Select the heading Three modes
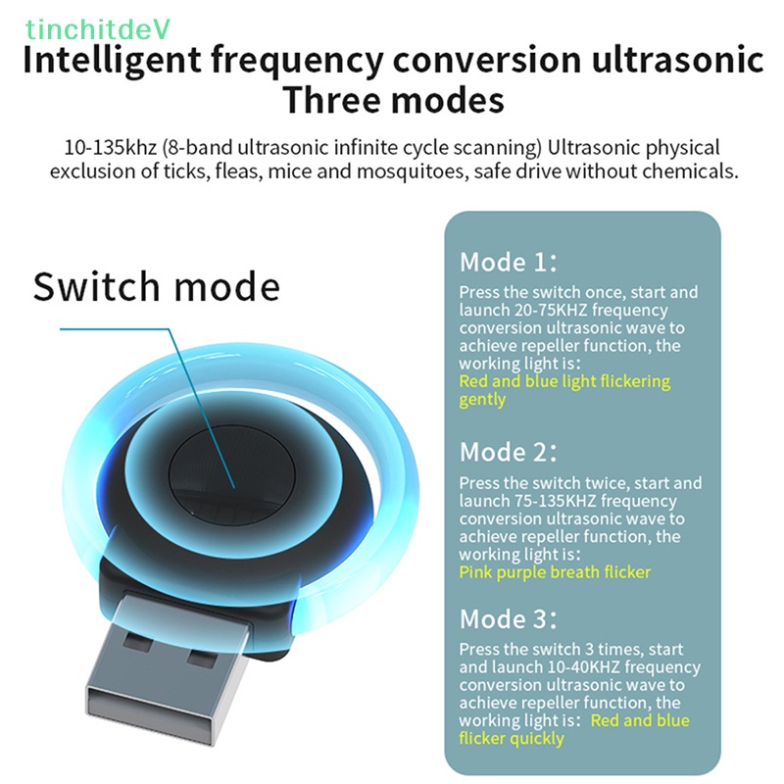click(392, 101)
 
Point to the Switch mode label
click(156, 286)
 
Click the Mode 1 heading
click(508, 263)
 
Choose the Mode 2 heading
click(509, 453)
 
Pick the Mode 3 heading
click(509, 619)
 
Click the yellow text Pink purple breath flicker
click(555, 572)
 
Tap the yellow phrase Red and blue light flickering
click(564, 381)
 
